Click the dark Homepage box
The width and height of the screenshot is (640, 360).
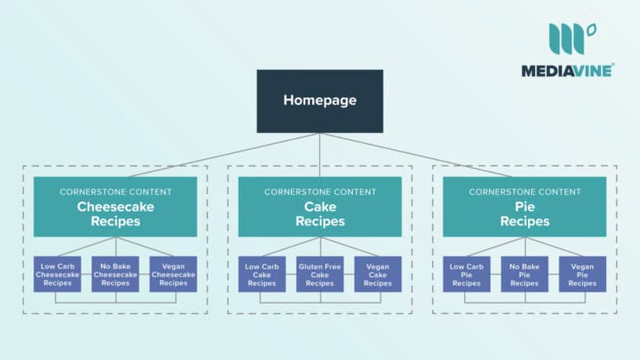[x=320, y=101]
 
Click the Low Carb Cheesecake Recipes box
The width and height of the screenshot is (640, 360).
[x=57, y=274]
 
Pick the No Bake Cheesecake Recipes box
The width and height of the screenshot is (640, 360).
[x=115, y=274]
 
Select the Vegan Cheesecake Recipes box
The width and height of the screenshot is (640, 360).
[x=173, y=274]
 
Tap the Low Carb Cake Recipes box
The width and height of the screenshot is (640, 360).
[x=262, y=274]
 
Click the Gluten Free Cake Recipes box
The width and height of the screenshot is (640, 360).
[x=320, y=274]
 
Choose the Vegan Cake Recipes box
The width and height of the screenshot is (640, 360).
[x=378, y=274]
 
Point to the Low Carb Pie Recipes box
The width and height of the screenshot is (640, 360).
[x=467, y=274]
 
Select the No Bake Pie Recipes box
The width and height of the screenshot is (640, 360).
[x=525, y=274]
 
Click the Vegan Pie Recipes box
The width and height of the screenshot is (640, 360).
[x=583, y=274]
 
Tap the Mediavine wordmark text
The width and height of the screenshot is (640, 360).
[x=568, y=70]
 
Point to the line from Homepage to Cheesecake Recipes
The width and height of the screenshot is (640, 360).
[x=219, y=154]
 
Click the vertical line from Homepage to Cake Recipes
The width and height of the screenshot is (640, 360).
[x=320, y=154]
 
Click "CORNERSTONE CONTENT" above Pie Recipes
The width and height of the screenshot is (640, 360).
[x=525, y=192]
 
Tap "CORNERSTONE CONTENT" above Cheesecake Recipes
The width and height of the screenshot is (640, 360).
[x=115, y=192]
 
